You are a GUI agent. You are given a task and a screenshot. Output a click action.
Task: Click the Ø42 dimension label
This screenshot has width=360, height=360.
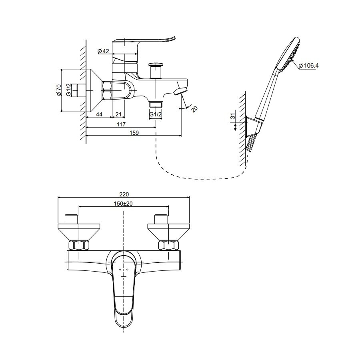tap(103, 51)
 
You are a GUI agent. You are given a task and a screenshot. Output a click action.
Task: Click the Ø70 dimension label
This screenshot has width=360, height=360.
tap(58, 90)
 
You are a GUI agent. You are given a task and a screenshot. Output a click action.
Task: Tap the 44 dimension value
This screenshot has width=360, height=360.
tap(99, 115)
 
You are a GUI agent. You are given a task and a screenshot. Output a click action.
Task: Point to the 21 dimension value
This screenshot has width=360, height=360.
tap(118, 115)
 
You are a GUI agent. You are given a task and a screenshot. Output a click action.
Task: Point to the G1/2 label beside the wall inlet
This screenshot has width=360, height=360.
tap(68, 90)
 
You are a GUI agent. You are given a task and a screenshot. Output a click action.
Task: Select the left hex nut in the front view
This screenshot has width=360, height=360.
tap(80, 246)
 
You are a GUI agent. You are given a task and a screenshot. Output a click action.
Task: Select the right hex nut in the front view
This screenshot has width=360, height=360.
tap(168, 246)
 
